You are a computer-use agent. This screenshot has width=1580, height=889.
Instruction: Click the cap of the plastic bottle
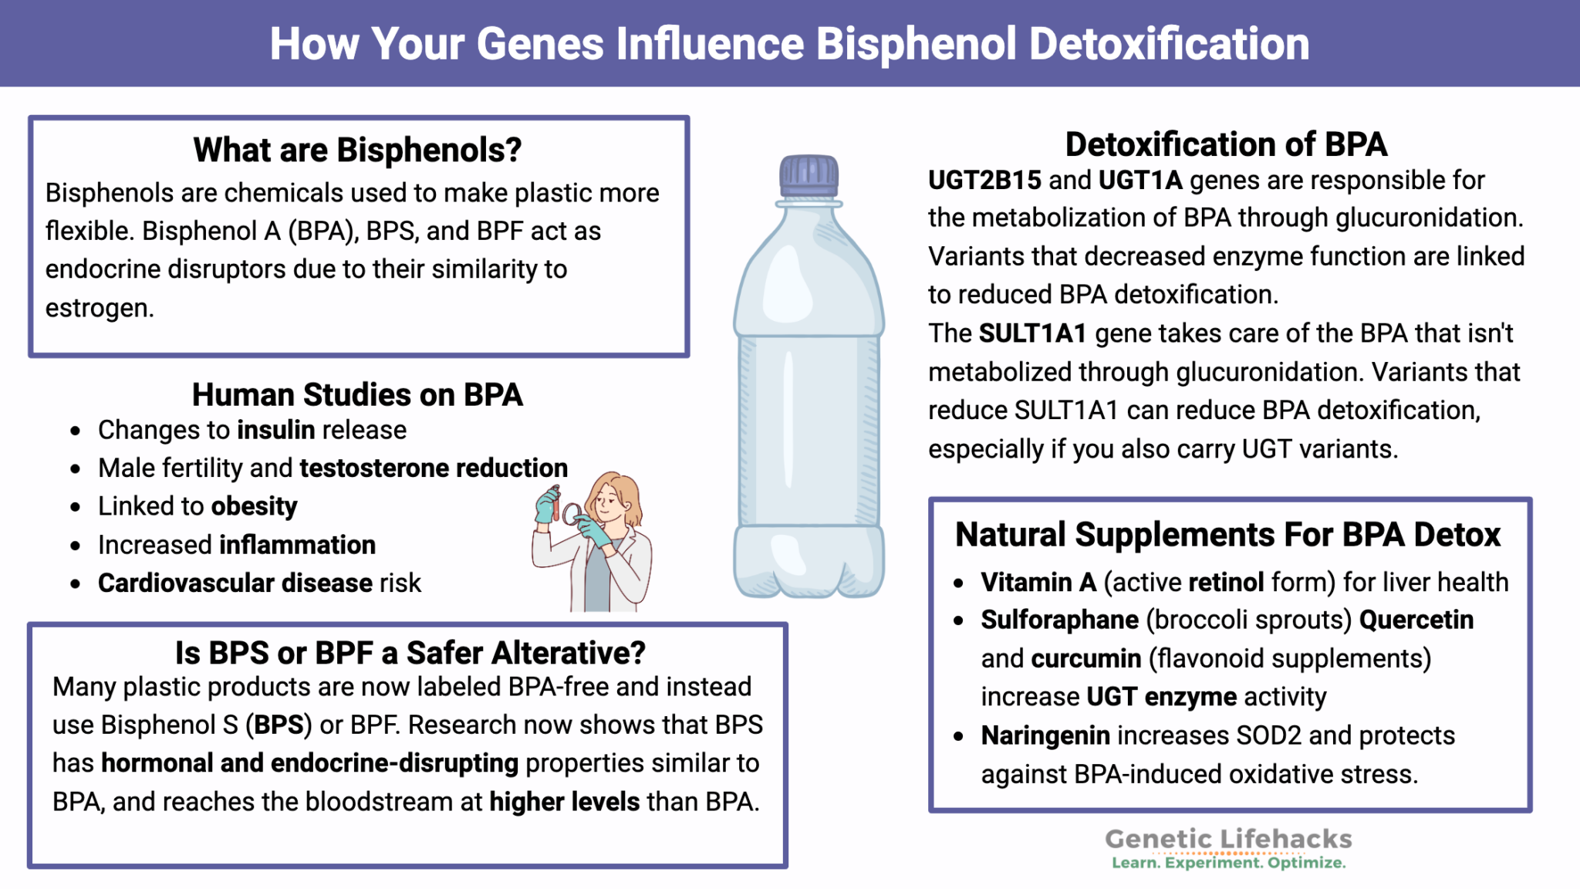[x=809, y=175]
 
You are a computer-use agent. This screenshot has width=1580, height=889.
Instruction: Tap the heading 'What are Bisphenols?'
[x=357, y=150]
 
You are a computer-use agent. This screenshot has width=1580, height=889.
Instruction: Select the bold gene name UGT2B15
[x=984, y=181]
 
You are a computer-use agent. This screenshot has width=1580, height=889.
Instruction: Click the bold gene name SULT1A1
[x=1032, y=333]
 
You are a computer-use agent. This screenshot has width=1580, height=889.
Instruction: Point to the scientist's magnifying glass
[x=572, y=512]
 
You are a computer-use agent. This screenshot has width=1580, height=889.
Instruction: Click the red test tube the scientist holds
[x=555, y=502]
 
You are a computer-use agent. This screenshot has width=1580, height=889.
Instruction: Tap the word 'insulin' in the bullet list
[x=276, y=430]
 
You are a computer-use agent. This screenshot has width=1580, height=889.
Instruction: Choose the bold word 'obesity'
[x=254, y=506]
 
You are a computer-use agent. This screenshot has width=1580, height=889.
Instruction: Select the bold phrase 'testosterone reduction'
[x=434, y=468]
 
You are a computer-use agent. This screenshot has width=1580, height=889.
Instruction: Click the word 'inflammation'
[x=298, y=545]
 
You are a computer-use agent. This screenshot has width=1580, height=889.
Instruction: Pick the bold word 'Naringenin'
[x=1045, y=736]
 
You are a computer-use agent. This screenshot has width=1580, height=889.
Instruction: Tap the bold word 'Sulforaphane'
[x=1059, y=620]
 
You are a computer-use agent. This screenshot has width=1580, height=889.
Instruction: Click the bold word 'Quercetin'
[x=1416, y=620]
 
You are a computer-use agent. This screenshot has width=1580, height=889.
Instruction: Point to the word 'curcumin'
[x=1085, y=659]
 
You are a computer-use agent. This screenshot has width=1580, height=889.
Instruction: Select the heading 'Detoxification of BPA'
[x=1226, y=144]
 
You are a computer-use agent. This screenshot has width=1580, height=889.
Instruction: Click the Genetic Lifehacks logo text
[x=1228, y=840]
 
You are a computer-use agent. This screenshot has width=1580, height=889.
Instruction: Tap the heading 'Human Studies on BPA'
[x=357, y=395]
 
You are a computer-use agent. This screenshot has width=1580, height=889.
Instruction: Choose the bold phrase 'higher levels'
[x=564, y=803]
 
